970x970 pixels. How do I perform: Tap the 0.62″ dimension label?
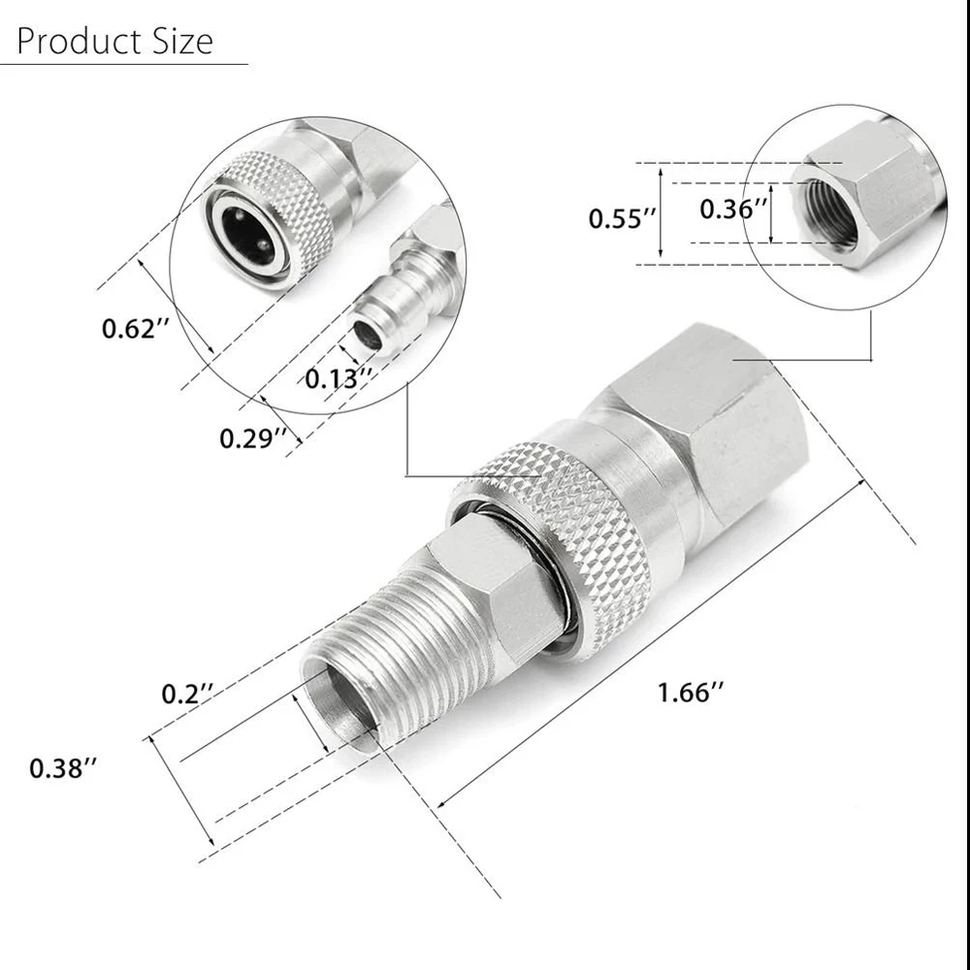point(129,329)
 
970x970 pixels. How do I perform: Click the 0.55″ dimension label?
point(617,218)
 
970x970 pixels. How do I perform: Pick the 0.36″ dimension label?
point(734,208)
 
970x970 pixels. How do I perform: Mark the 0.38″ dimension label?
point(63,768)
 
